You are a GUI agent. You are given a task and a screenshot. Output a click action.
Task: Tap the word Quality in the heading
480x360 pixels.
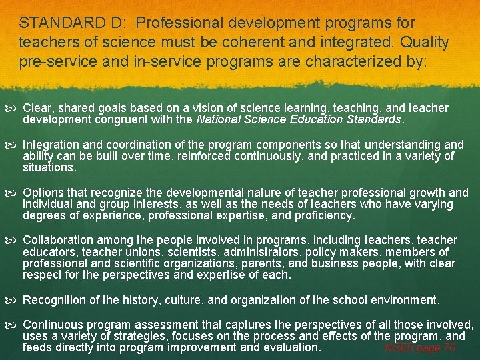coord(423,43)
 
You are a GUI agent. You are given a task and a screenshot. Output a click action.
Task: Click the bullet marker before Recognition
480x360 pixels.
coord(13,300)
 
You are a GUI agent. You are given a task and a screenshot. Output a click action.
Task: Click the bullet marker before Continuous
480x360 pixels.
coord(13,325)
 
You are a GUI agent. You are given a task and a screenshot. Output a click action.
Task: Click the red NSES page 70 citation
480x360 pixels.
coord(420,347)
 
